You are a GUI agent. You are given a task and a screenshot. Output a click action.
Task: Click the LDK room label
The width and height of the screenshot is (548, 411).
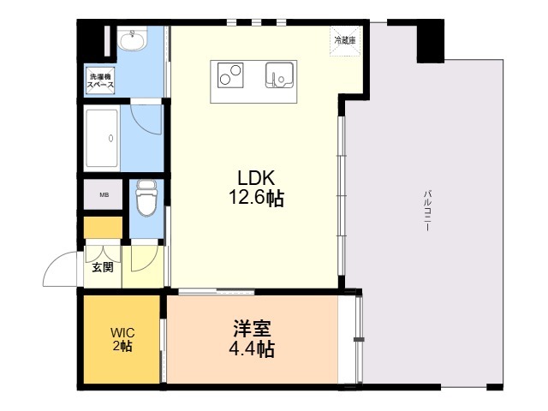point(254,178)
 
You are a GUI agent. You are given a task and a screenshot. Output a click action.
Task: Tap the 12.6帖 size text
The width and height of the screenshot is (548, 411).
point(254,199)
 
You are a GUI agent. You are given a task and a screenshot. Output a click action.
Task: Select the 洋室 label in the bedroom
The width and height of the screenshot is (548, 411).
point(252,329)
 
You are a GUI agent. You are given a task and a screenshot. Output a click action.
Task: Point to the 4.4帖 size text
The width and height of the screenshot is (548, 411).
point(252,349)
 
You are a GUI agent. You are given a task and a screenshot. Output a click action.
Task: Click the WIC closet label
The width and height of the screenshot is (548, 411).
point(121,331)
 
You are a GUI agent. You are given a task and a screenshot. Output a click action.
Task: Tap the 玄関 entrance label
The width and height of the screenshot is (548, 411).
point(102,267)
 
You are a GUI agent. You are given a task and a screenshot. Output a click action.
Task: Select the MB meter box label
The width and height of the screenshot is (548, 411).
point(104,194)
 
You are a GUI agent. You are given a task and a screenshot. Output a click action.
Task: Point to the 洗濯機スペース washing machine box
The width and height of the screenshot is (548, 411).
point(102,82)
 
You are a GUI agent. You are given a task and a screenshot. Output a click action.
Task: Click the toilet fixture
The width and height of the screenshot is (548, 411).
point(146,199)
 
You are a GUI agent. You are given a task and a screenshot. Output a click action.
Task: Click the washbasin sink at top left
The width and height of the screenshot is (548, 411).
point(132,40)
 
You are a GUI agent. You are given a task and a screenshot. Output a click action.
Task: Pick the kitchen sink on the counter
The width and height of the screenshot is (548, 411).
point(279,76)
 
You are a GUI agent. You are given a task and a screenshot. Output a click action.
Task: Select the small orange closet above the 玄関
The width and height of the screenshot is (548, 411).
point(103,229)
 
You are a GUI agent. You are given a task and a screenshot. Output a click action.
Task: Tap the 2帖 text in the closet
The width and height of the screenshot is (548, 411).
point(121,346)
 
